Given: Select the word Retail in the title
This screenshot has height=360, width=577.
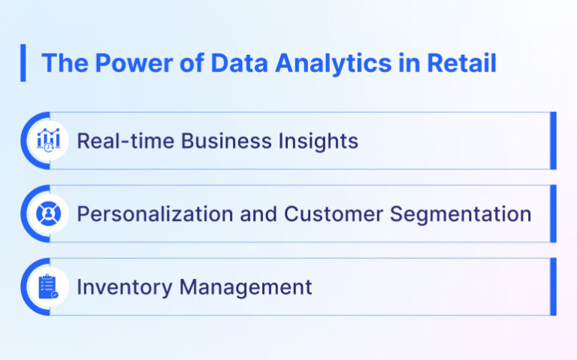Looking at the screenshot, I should [x=461, y=63].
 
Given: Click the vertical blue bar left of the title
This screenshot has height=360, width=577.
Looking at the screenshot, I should [x=23, y=63].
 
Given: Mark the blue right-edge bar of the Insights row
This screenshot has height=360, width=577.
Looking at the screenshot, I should [x=553, y=141].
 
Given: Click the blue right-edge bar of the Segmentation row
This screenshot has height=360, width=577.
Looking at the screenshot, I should [x=553, y=213].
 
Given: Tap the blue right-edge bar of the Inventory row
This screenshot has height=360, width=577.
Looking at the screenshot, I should [x=553, y=286].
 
